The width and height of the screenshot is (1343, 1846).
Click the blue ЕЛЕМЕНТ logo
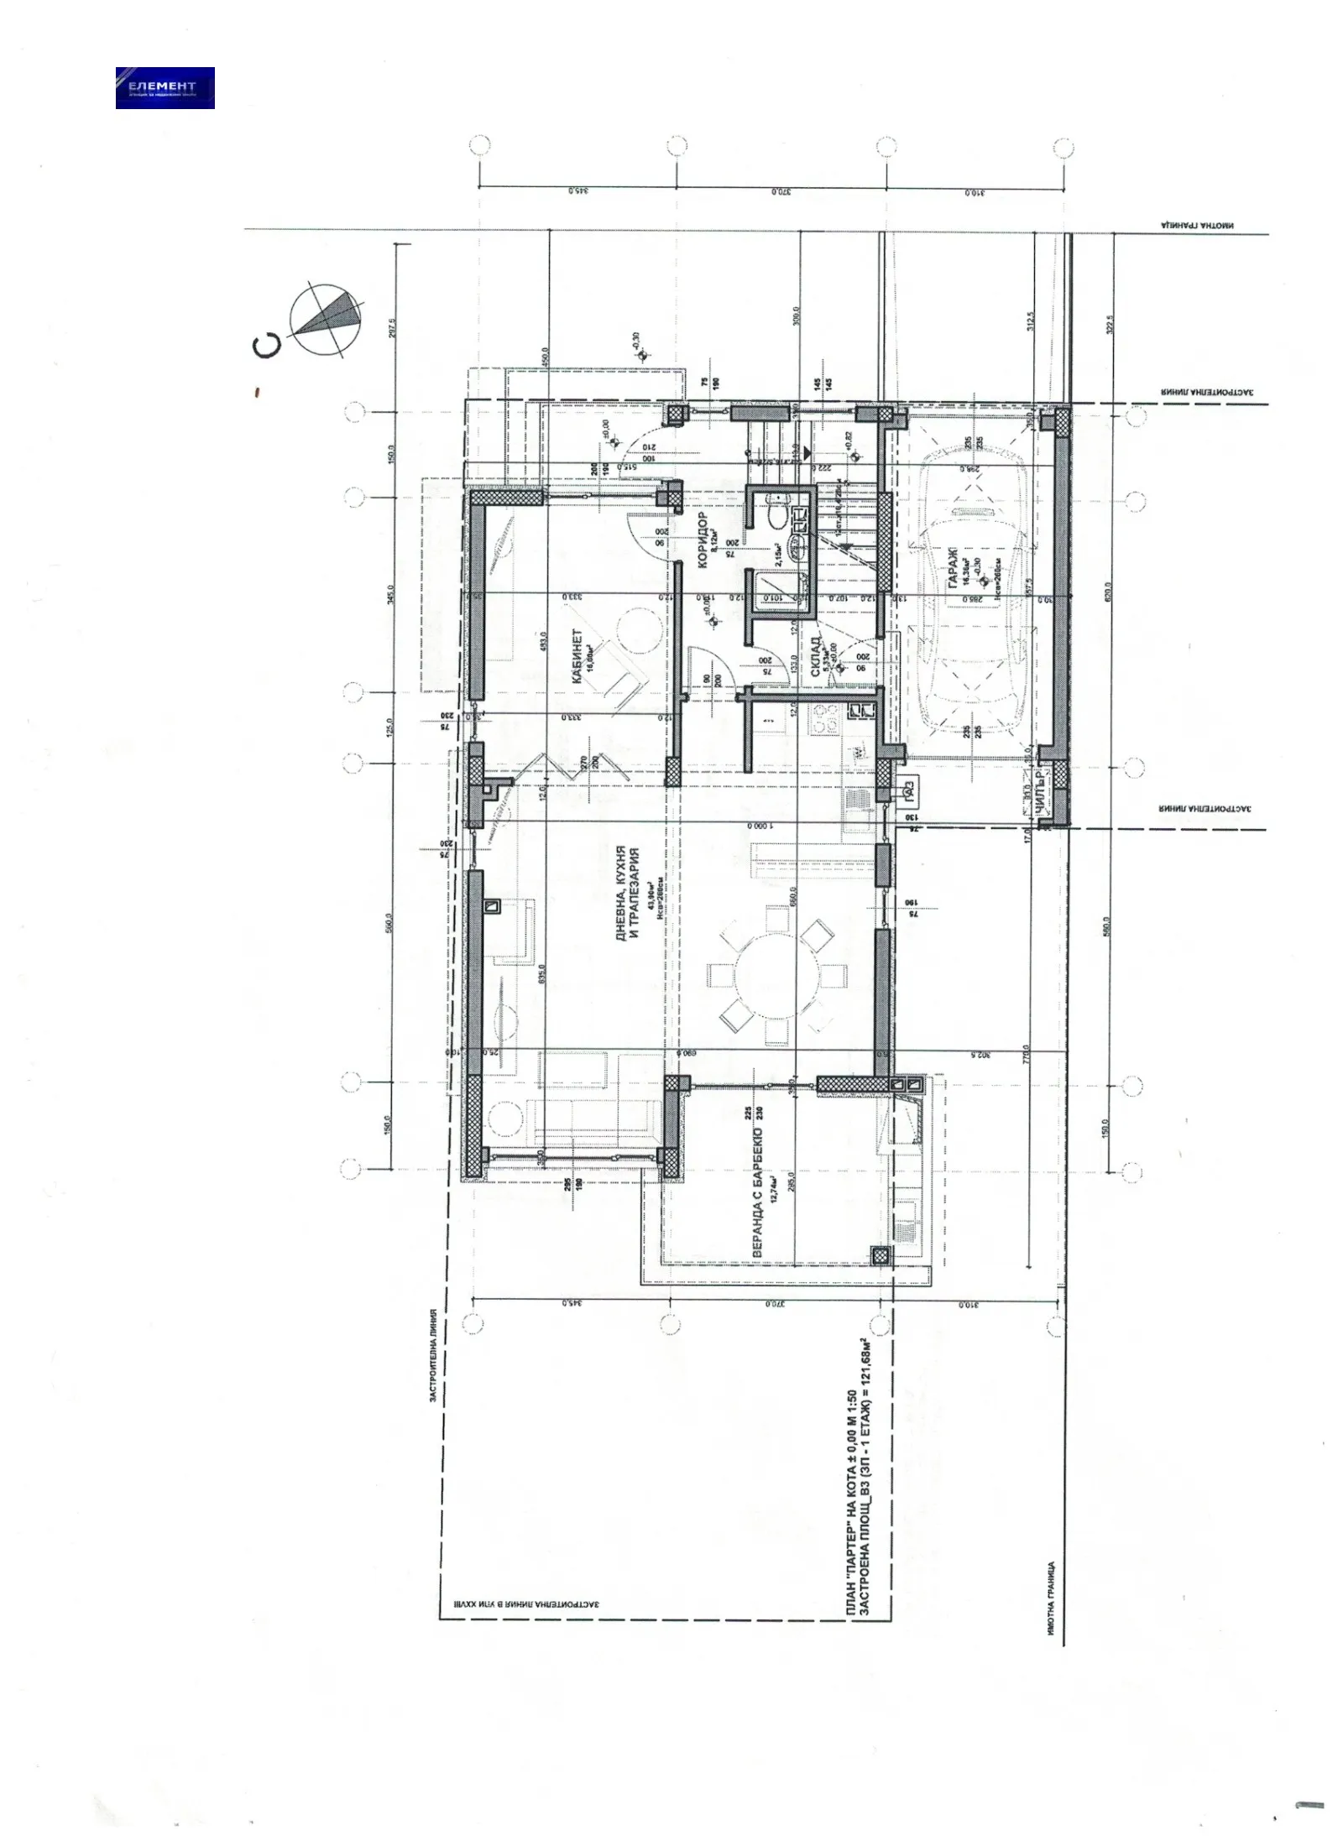pyautogui.click(x=165, y=87)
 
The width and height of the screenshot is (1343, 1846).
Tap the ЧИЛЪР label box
pyautogui.click(x=1040, y=792)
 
